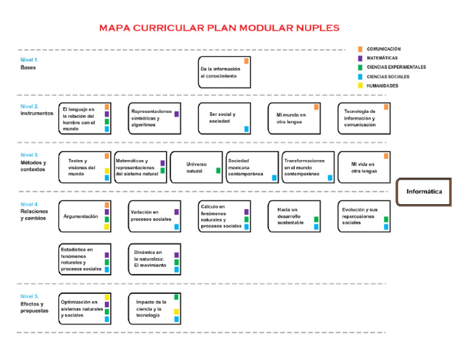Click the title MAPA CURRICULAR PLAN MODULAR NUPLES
(219, 28)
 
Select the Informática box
(424, 192)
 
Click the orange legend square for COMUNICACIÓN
(360, 49)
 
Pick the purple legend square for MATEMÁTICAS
(360, 58)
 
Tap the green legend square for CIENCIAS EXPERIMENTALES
(360, 67)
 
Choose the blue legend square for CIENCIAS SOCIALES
(360, 77)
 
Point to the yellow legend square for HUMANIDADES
(360, 86)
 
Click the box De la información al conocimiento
(223, 73)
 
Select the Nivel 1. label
(30, 60)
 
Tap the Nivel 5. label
(30, 296)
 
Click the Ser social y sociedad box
(223, 118)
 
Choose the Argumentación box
(84, 216)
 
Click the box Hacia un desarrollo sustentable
(294, 216)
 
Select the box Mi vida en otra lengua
(364, 167)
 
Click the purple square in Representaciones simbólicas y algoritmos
(177, 114)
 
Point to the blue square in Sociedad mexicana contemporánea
(274, 178)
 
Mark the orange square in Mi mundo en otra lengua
(317, 107)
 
